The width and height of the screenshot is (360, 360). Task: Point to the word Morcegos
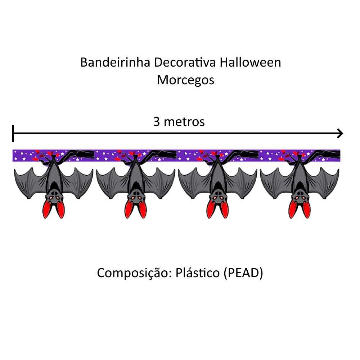pos(185,80)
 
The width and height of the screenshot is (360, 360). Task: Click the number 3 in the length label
pos(157,122)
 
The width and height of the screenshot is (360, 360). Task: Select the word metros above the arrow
pos(184,122)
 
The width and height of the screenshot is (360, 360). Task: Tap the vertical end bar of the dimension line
pos(13,134)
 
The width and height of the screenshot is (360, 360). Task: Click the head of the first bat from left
pos(54,197)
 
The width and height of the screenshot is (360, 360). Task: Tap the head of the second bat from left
pos(136,197)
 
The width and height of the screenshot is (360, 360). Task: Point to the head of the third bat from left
pos(217,197)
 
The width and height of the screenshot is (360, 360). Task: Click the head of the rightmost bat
pos(300,197)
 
